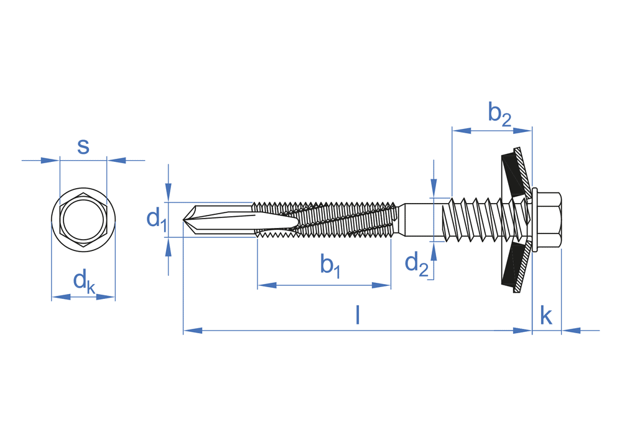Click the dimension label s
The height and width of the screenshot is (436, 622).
[x=83, y=146]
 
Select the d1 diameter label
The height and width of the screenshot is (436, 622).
[x=156, y=219]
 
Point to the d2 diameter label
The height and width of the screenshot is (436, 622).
[x=416, y=263]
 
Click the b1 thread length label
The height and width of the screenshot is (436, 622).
[x=330, y=265]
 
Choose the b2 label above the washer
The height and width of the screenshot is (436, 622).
[x=499, y=113]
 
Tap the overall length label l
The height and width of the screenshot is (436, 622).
[x=357, y=316]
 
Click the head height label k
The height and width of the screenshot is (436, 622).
[x=545, y=316]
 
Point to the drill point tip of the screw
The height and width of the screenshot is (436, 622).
[x=186, y=220]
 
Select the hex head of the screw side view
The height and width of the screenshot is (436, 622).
[x=550, y=220]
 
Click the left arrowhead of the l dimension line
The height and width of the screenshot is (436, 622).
[x=192, y=330]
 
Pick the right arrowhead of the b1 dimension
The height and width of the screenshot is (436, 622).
[x=381, y=285]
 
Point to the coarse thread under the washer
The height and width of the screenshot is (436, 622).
[x=479, y=220]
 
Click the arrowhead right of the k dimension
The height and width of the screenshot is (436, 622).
[x=571, y=330]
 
